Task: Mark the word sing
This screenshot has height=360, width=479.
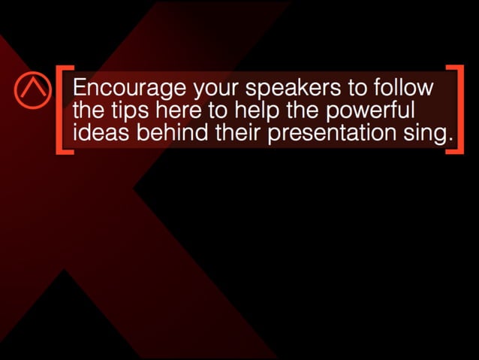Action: (x=434, y=134)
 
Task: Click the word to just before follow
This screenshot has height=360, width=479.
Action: (x=356, y=89)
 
